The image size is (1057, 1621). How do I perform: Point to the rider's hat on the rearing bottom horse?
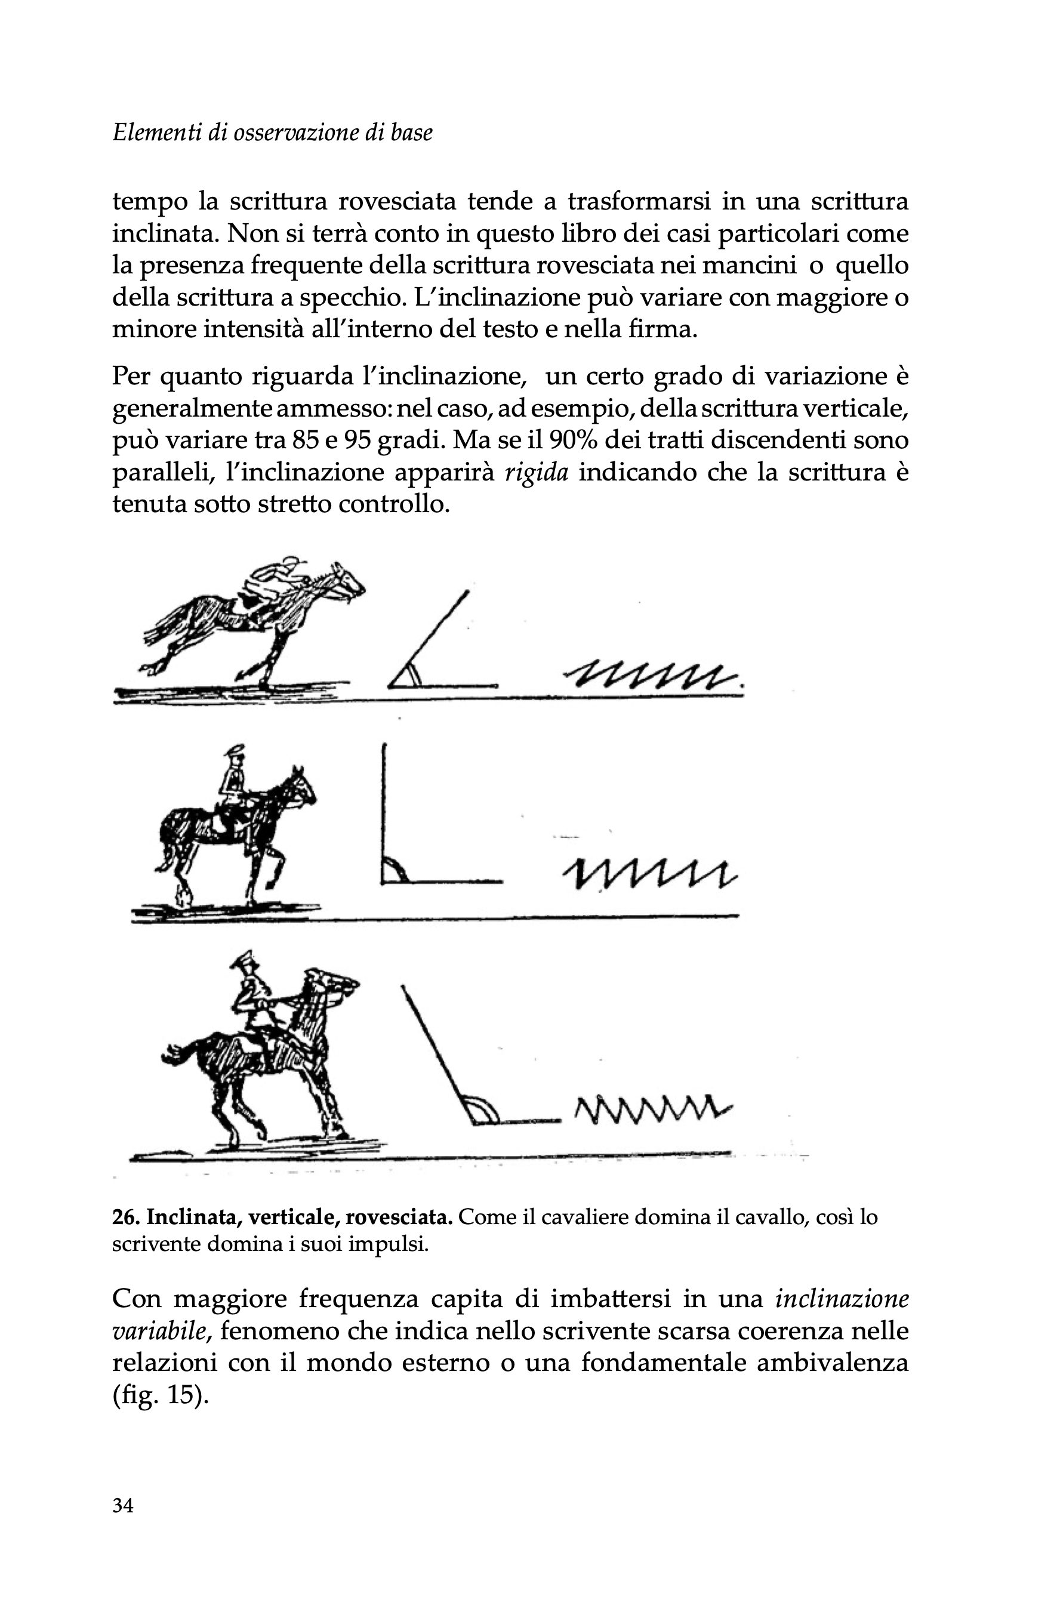(x=242, y=964)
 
